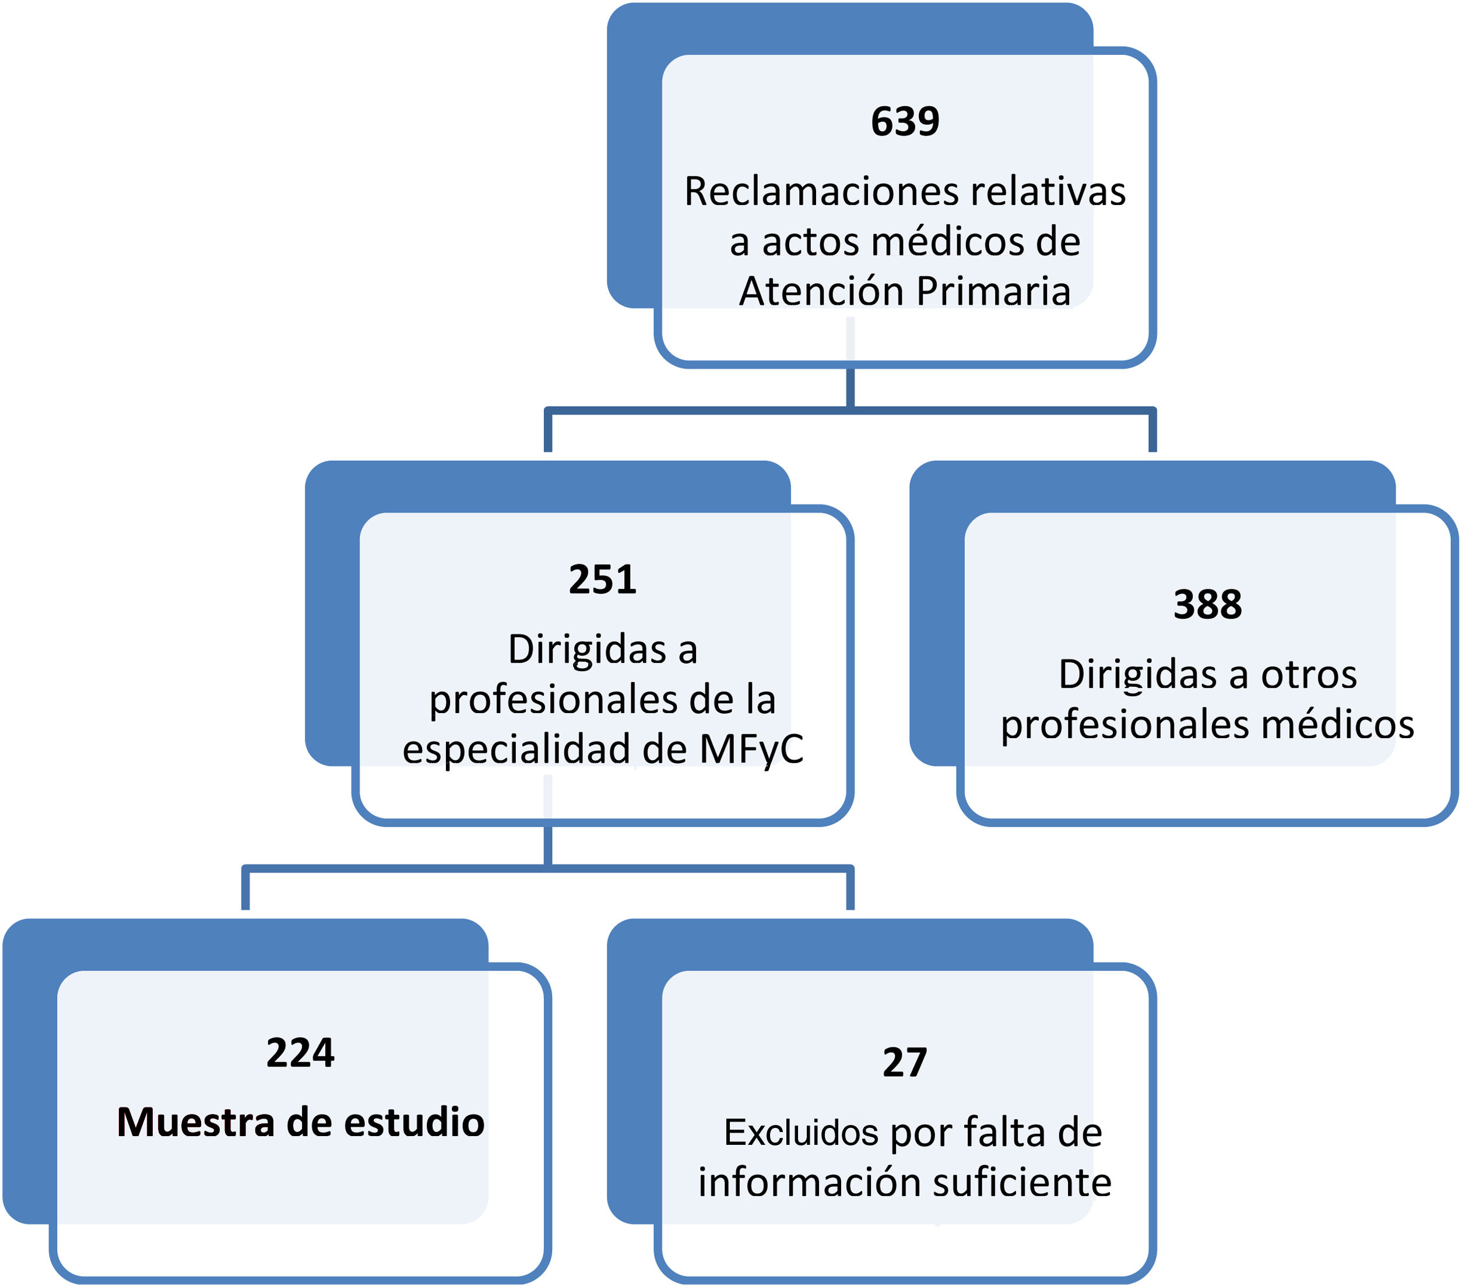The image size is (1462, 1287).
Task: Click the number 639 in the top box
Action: click(x=905, y=122)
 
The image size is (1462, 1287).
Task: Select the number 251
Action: click(x=602, y=580)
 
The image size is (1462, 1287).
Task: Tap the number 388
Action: click(x=1207, y=605)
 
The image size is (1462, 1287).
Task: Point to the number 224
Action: click(x=300, y=1053)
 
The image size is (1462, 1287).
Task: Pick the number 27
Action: click(x=904, y=1063)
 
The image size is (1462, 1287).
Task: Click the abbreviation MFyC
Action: click(x=751, y=749)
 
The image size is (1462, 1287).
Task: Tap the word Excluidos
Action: click(x=800, y=1133)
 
